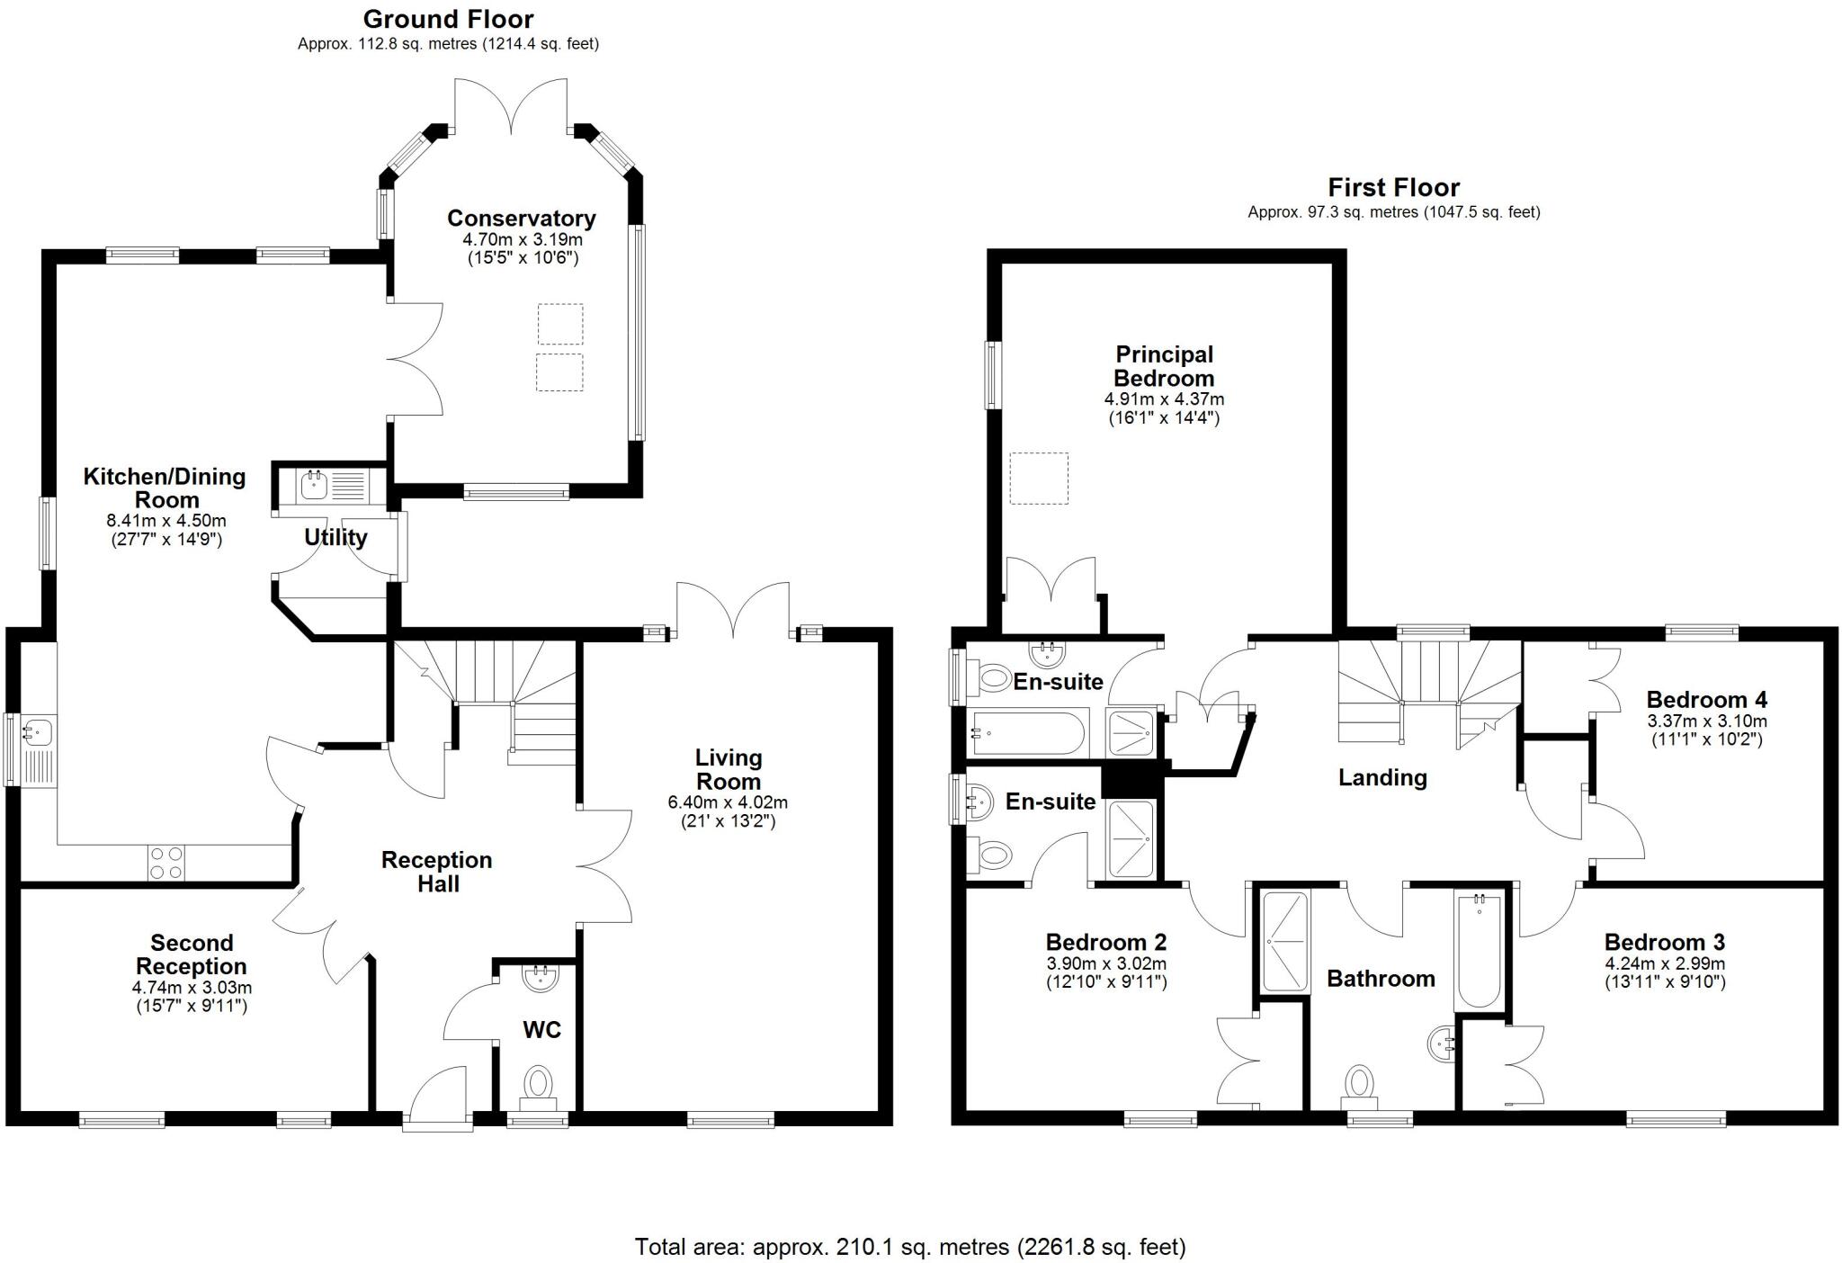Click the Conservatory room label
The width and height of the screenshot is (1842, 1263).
521,219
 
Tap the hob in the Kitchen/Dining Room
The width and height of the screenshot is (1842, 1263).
166,863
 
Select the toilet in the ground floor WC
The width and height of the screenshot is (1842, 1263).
539,1084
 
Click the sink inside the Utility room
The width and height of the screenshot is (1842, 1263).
314,486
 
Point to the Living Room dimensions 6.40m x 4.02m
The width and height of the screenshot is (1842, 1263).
727,802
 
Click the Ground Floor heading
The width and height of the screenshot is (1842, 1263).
448,19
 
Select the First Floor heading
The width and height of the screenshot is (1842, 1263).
1393,188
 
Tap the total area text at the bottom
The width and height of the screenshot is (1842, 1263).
909,1247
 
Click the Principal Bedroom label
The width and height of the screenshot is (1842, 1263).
1164,366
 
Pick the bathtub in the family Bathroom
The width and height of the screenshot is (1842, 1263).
1478,949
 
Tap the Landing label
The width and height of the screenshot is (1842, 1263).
1382,777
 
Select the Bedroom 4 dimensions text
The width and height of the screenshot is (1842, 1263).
1706,730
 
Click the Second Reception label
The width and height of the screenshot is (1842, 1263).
191,954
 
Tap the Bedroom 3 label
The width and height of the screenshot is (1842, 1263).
1664,942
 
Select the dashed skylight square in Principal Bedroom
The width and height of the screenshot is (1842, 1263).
1039,478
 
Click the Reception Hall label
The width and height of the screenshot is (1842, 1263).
437,872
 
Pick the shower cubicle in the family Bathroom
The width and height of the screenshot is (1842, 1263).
1284,941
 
